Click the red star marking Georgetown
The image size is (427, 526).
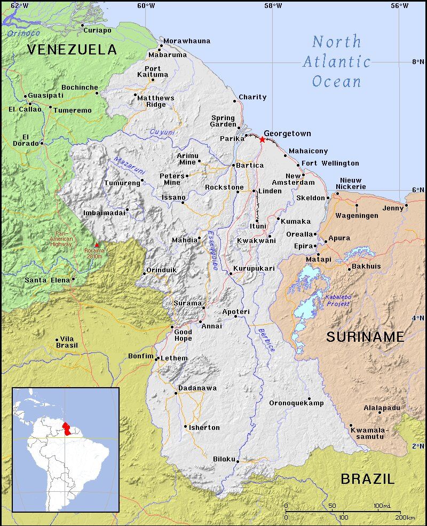click(x=262, y=139)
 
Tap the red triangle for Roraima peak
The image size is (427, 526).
click(x=97, y=245)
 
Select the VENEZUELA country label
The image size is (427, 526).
click(x=72, y=50)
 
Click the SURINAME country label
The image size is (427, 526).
click(x=365, y=336)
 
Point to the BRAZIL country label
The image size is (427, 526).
click(x=368, y=478)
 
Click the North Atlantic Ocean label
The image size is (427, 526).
click(x=337, y=61)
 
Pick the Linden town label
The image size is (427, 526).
click(x=270, y=191)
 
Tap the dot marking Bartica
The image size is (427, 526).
click(x=233, y=166)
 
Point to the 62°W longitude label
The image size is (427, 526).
click(x=19, y=5)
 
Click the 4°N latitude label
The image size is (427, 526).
click(x=417, y=318)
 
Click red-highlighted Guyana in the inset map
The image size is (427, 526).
click(x=66, y=428)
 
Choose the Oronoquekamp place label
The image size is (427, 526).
click(x=296, y=403)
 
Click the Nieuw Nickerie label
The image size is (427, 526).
click(x=351, y=184)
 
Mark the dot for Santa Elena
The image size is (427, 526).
click(x=73, y=279)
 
